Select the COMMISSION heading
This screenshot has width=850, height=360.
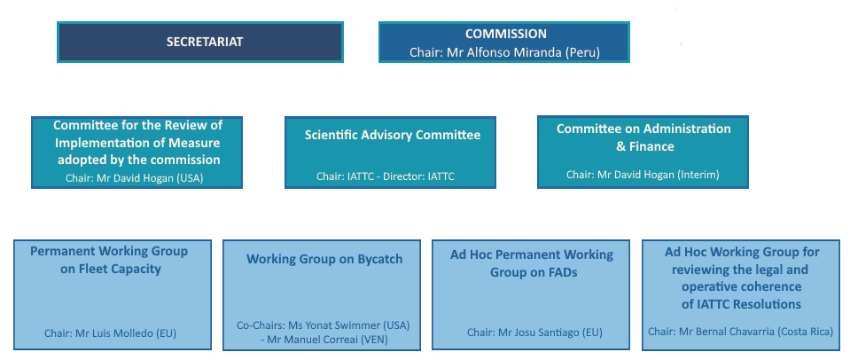(505, 35)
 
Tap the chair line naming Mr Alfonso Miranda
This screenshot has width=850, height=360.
(504, 52)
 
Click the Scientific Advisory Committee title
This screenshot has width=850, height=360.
(393, 135)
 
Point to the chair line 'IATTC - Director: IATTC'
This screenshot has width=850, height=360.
(385, 176)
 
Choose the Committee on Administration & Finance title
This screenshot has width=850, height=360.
(643, 137)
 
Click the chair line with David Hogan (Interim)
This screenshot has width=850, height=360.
(643, 175)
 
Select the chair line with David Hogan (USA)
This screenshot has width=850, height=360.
(140, 177)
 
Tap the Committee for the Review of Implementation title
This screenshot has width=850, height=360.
(137, 142)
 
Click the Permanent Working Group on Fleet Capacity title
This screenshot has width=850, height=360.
(111, 260)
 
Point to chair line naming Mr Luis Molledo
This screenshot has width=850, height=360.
(112, 333)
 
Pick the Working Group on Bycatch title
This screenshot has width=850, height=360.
(324, 259)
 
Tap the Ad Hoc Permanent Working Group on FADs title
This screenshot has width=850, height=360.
(533, 263)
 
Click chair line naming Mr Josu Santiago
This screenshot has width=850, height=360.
(534, 333)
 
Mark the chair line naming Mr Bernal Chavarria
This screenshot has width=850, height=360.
(740, 332)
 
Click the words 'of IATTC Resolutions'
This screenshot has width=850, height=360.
(741, 304)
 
